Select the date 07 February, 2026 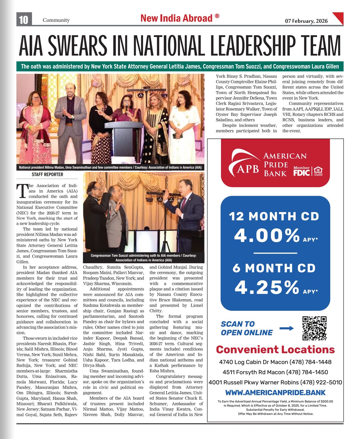tap(306, 21)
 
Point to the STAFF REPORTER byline tap(47, 175)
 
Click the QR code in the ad tap(315, 328)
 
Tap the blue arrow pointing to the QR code tap(287, 328)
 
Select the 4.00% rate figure tap(267, 235)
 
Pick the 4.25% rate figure tap(267, 287)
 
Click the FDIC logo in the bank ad tap(301, 172)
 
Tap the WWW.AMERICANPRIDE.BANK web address tap(275, 393)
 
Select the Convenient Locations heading tap(275, 350)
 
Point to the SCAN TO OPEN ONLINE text tap(247, 328)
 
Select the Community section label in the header tap(56, 20)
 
